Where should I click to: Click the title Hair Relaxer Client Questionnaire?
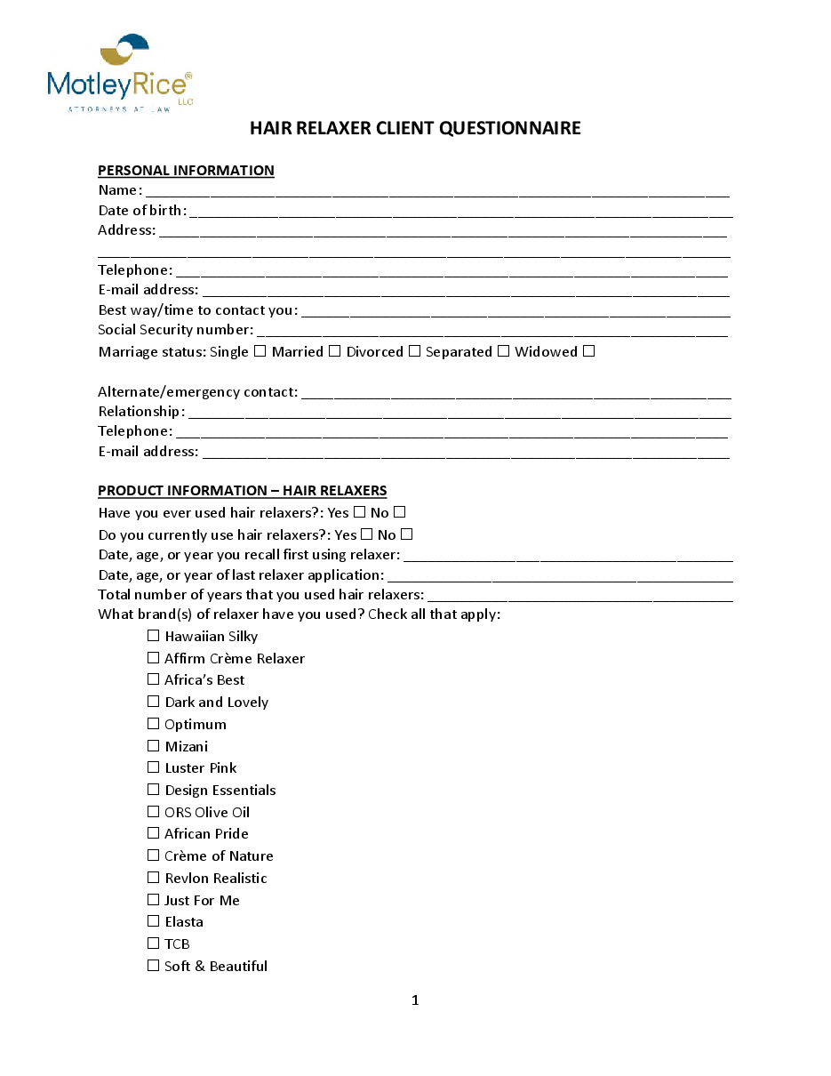point(415,128)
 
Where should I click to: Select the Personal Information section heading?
point(186,171)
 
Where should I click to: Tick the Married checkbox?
point(334,351)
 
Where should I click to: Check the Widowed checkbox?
point(588,351)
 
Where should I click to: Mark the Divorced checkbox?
point(414,351)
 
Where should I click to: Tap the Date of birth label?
point(141,211)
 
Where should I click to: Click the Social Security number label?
point(175,331)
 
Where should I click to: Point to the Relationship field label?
point(140,412)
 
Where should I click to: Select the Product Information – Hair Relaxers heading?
point(242,491)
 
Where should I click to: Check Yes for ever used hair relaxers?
point(359,512)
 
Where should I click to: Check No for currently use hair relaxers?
point(406,534)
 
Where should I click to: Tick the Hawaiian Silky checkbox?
point(154,636)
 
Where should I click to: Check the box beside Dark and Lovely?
point(154,702)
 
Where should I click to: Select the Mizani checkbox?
point(154,746)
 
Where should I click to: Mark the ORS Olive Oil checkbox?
point(154,812)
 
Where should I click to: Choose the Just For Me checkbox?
point(154,900)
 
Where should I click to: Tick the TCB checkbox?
point(154,944)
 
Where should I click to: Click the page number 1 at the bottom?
point(415,1000)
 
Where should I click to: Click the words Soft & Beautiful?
point(215,967)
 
